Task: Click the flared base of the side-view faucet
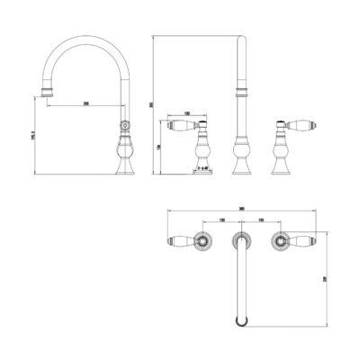125,166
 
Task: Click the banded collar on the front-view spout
240,89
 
